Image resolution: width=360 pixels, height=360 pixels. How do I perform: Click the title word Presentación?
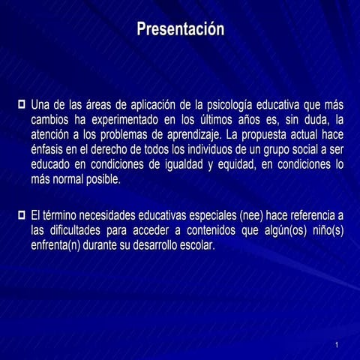coord(180,30)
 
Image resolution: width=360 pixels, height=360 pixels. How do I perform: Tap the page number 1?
coord(337,344)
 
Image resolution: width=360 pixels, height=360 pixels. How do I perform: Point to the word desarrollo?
coord(156,246)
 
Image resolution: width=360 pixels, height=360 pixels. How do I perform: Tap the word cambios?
coord(51,119)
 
